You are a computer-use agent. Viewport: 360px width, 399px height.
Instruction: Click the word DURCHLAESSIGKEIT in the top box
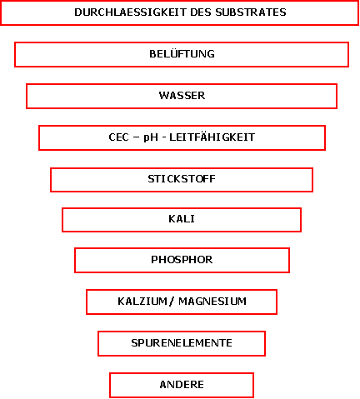point(130,12)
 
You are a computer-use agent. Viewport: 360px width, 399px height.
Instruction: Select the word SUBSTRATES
point(251,12)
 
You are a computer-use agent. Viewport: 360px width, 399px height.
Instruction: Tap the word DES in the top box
point(201,12)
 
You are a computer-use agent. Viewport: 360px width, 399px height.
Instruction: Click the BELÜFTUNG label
point(182,53)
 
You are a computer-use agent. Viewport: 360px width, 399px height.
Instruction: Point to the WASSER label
point(182,96)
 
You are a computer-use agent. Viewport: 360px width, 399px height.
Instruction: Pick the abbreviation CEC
point(118,137)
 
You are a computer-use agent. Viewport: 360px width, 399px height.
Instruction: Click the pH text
point(151,137)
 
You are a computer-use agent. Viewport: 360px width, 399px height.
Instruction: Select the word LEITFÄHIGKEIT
point(212,137)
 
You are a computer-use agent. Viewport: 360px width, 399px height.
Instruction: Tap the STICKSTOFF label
point(182,179)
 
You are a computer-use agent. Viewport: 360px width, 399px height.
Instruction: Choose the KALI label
point(182,219)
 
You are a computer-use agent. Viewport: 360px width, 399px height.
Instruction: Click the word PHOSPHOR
point(182,260)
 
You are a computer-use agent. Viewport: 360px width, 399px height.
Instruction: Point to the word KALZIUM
point(142,302)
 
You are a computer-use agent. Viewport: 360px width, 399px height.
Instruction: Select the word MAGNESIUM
point(212,302)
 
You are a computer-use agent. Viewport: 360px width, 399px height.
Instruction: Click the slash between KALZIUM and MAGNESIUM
point(172,302)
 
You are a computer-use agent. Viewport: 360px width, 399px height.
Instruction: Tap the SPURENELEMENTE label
point(182,343)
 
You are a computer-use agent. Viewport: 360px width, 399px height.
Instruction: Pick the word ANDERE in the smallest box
point(182,385)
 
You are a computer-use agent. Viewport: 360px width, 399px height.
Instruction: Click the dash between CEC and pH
point(136,137)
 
